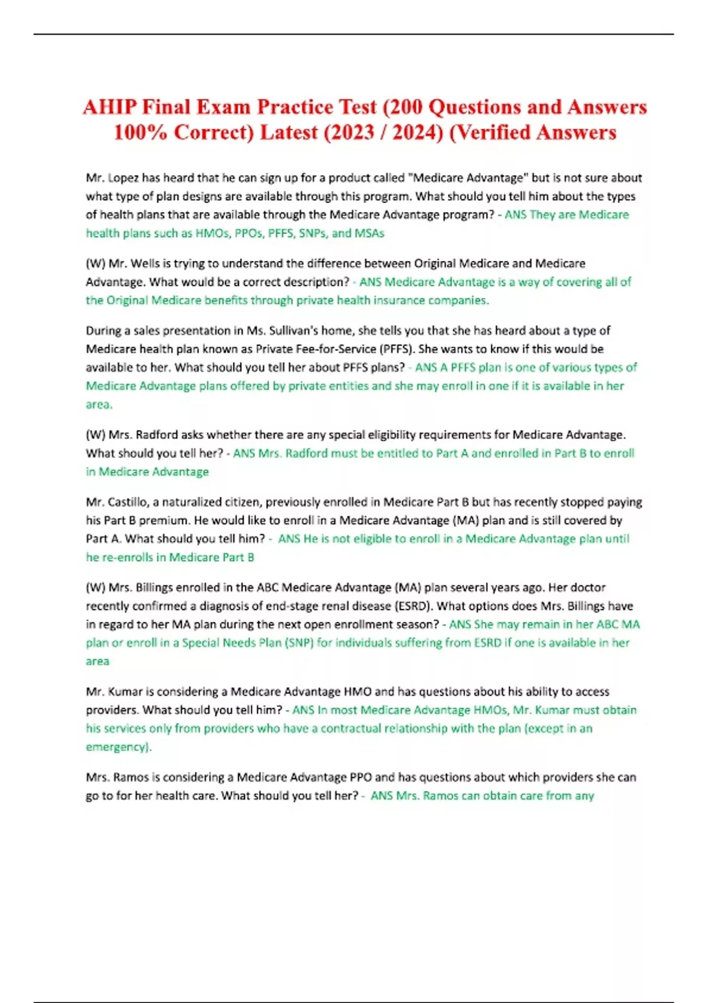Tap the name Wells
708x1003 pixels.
point(146,263)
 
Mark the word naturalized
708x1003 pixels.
point(192,502)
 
